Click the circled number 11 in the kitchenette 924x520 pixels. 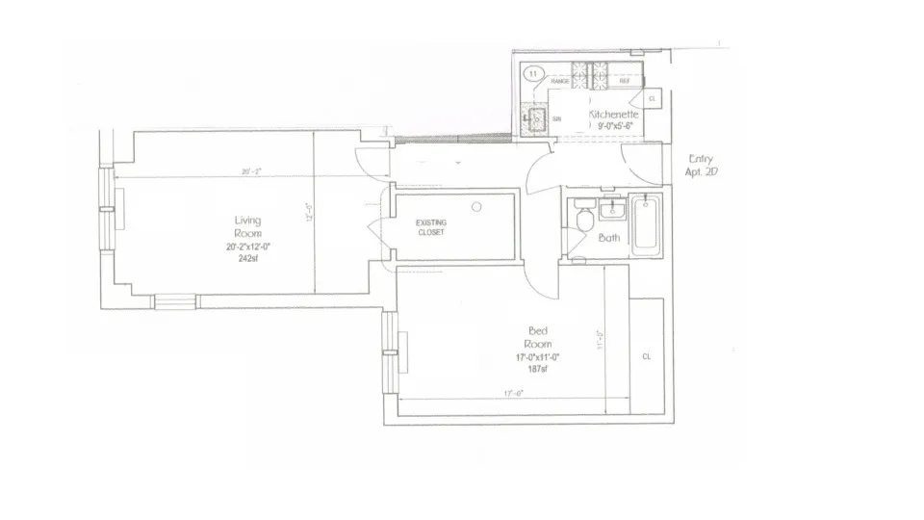(533, 72)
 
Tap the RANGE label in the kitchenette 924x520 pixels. (559, 82)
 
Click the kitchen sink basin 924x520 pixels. (534, 119)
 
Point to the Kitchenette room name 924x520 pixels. (614, 114)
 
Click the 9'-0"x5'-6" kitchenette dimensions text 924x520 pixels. (617, 125)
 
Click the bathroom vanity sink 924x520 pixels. (610, 211)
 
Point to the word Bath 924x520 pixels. (609, 237)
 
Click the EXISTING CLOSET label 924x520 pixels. (430, 227)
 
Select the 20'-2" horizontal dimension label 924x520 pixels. (251, 172)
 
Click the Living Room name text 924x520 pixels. (247, 227)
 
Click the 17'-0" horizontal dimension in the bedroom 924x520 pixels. (512, 393)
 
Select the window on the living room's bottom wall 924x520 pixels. (174, 301)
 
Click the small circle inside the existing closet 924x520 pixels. (476, 206)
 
